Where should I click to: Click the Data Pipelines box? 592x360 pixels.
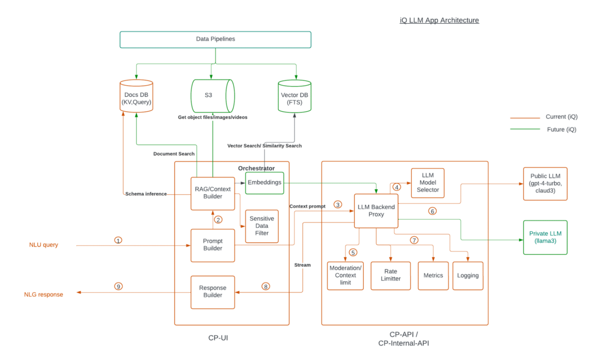215,39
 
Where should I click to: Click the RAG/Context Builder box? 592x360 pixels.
213,193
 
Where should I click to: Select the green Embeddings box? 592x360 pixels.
265,183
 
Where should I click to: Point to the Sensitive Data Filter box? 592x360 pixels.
262,226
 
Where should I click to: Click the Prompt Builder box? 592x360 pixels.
213,245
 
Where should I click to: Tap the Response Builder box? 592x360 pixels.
213,292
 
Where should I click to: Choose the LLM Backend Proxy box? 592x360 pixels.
376,211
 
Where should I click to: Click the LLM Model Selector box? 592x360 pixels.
428,183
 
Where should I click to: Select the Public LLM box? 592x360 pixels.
545,184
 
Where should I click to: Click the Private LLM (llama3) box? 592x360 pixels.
545,237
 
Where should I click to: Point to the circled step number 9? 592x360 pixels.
118,286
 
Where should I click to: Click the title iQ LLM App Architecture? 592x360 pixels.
439,20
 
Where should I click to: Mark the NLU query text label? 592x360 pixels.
44,245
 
